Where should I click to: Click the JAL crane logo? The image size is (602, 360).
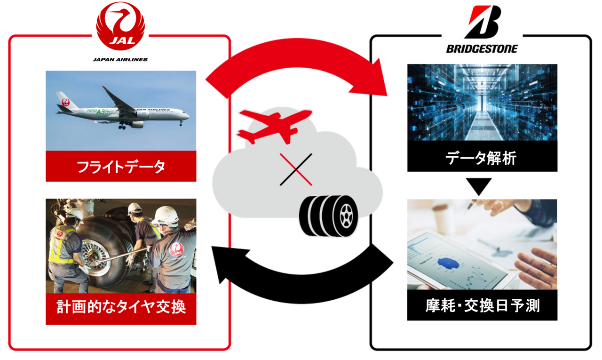(120, 27)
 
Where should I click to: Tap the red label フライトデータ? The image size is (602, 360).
(121, 167)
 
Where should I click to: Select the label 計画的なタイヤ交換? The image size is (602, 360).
(121, 307)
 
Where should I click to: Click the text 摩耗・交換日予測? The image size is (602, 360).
(482, 306)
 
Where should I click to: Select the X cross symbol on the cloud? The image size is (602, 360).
(296, 168)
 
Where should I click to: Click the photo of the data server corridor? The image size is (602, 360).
(482, 102)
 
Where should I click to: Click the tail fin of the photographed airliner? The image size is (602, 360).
(63, 100)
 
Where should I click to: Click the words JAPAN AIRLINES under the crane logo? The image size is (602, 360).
(120, 60)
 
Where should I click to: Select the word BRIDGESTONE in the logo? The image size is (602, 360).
(482, 48)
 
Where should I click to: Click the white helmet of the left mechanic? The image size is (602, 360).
(74, 214)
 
